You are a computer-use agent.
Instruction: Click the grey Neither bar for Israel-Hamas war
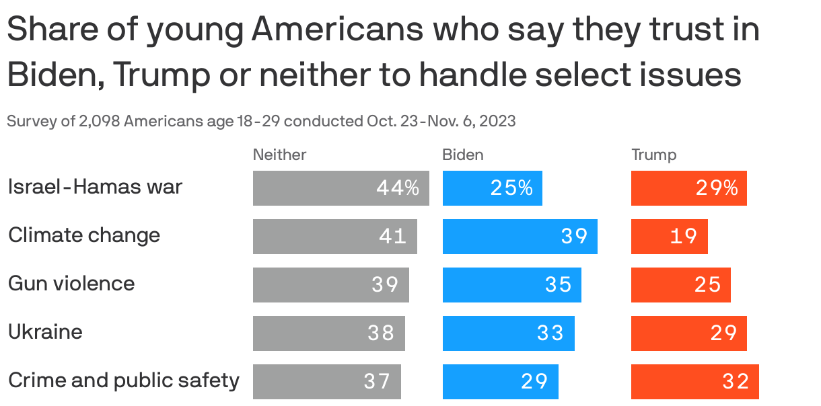click(x=341, y=188)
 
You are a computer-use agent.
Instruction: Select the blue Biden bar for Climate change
click(x=520, y=237)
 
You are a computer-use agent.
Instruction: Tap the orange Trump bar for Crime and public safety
click(x=694, y=382)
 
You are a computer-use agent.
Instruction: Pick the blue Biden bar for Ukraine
click(x=508, y=333)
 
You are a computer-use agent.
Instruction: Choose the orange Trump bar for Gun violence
click(x=680, y=285)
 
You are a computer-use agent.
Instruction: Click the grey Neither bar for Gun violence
click(x=330, y=285)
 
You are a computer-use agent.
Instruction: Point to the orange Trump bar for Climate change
click(x=669, y=237)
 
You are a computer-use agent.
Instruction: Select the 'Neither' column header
click(x=279, y=155)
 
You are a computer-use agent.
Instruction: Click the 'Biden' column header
click(x=462, y=155)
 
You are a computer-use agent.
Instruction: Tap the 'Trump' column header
click(x=653, y=155)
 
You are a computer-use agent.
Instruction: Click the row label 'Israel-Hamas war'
click(x=95, y=187)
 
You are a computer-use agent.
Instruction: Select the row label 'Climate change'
click(x=84, y=235)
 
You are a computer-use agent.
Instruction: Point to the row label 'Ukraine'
click(x=45, y=332)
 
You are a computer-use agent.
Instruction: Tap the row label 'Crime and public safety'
click(x=124, y=380)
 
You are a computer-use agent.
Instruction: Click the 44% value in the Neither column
click(x=398, y=188)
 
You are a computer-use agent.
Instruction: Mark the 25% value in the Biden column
click(x=511, y=188)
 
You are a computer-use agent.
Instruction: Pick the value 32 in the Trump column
click(x=736, y=382)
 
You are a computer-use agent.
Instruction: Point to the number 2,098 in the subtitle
click(x=100, y=122)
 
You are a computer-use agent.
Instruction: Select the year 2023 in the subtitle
click(x=499, y=122)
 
